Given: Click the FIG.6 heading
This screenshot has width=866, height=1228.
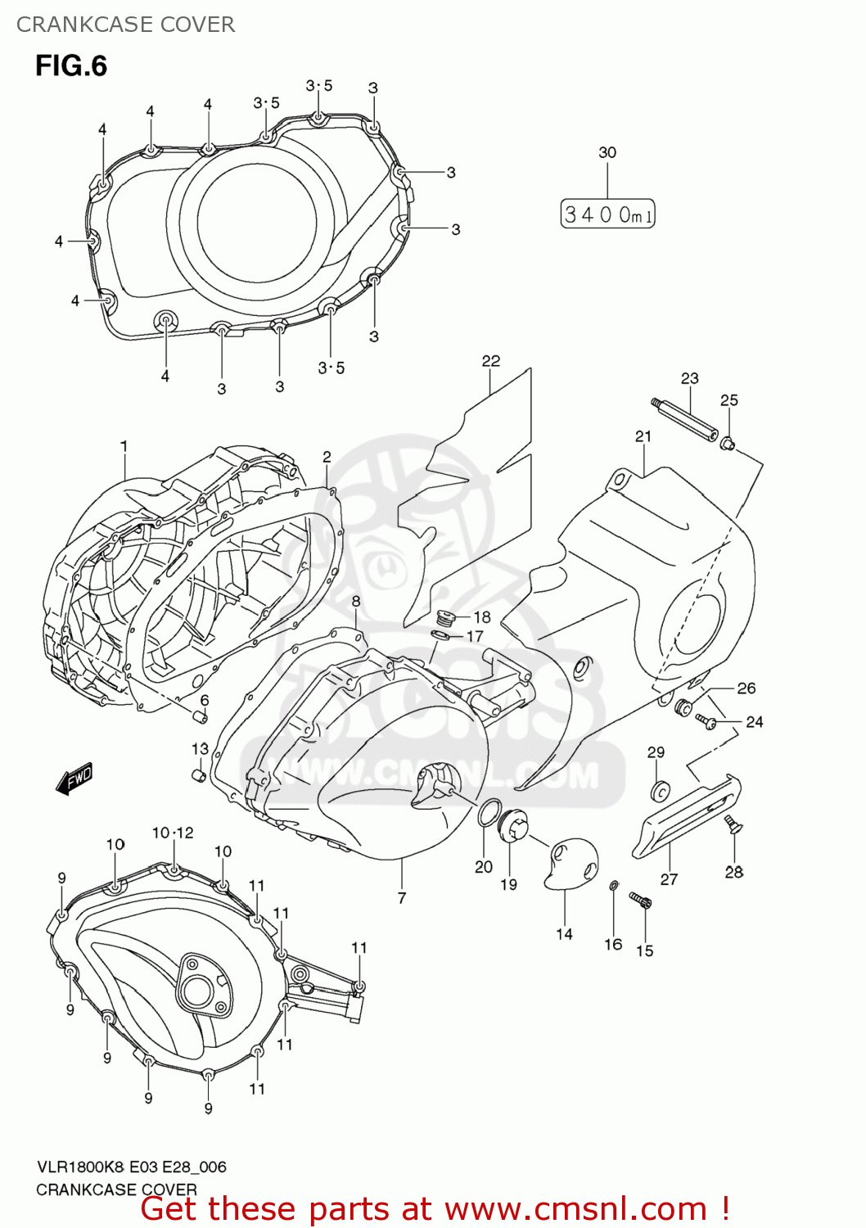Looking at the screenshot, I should pyautogui.click(x=71, y=66).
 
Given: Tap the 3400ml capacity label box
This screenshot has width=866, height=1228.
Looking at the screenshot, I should pyautogui.click(x=607, y=214).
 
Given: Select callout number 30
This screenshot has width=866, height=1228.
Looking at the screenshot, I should pyautogui.click(x=607, y=152).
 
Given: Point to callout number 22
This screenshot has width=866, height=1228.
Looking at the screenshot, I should pyautogui.click(x=490, y=361).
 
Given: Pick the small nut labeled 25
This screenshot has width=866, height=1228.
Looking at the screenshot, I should pyautogui.click(x=727, y=444).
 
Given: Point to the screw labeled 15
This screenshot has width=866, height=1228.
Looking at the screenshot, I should pyautogui.click(x=640, y=901).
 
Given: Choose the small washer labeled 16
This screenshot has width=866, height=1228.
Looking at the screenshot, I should pyautogui.click(x=614, y=885).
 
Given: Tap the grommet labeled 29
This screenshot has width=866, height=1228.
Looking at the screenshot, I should pyautogui.click(x=659, y=791).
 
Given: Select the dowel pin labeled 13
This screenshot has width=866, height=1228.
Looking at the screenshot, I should pyautogui.click(x=197, y=774).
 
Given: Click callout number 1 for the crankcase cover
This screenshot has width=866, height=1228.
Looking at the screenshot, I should pyautogui.click(x=124, y=446).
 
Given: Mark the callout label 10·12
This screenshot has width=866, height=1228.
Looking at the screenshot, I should pyautogui.click(x=173, y=833).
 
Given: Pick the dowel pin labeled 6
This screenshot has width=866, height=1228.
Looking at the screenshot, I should pyautogui.click(x=199, y=718).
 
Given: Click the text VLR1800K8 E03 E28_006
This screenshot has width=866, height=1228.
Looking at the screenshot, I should pyautogui.click(x=131, y=1167).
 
